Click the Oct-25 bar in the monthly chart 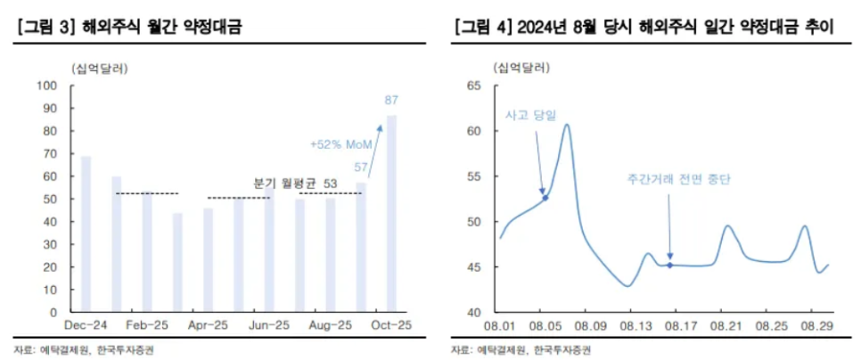(x=391, y=214)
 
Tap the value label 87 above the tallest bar (x=391, y=100)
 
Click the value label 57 (x=361, y=168)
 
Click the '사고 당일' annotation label (x=530, y=116)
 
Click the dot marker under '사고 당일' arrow (x=545, y=197)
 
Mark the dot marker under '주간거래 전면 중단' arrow (x=669, y=265)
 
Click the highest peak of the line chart (x=567, y=125)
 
